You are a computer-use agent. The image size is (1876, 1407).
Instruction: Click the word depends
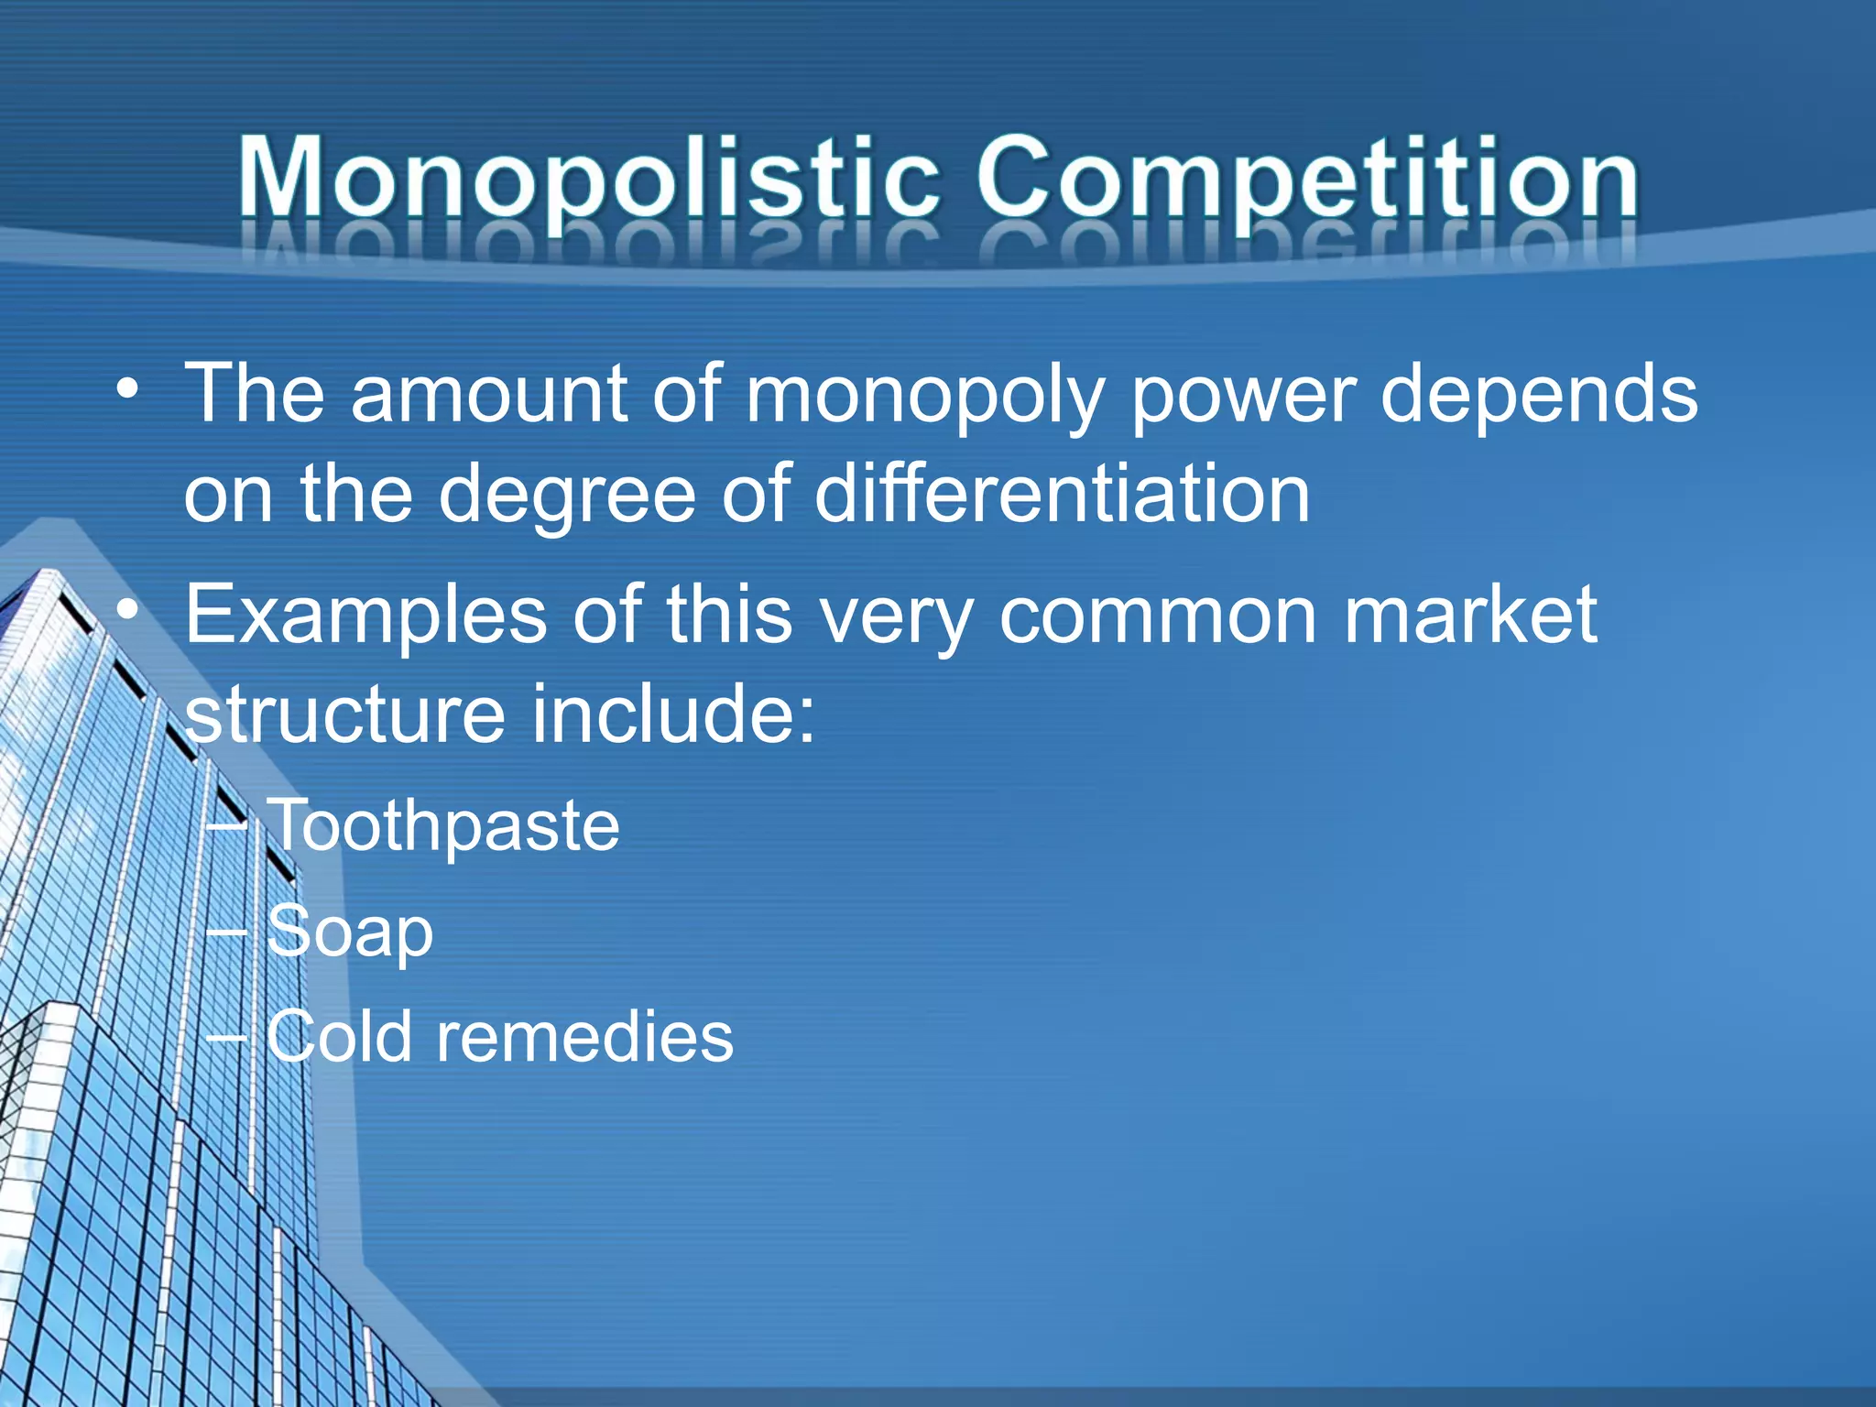pyautogui.click(x=1539, y=396)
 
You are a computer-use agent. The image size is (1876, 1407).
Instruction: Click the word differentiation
pyautogui.click(x=1062, y=495)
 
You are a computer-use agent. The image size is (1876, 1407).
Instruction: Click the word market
pyautogui.click(x=1470, y=616)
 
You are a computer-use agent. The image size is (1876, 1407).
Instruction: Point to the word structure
pyautogui.click(x=344, y=714)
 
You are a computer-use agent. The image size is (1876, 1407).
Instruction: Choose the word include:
pyautogui.click(x=673, y=714)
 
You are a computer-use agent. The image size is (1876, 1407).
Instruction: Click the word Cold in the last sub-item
pyautogui.click(x=339, y=1037)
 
